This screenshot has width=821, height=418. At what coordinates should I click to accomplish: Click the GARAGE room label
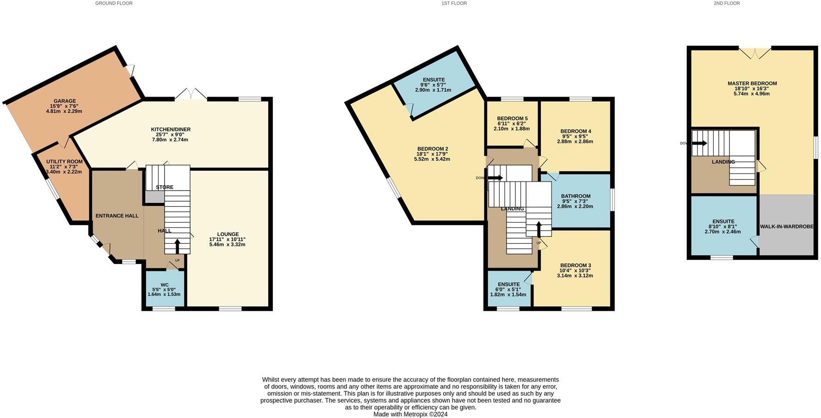[64, 101]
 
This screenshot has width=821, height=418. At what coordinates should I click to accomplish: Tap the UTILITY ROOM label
[64, 162]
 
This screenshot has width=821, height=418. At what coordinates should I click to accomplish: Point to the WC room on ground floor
[164, 289]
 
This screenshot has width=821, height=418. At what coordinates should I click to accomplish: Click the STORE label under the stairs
[165, 187]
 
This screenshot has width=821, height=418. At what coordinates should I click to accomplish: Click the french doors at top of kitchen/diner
[191, 94]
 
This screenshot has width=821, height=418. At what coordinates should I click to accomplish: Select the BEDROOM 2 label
[432, 149]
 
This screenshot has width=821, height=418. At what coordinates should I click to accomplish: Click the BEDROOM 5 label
[512, 119]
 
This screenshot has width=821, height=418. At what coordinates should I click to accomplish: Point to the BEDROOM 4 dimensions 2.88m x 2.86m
[576, 141]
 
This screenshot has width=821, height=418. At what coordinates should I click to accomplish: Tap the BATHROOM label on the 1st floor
[576, 196]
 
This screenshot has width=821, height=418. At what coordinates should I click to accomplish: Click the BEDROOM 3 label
[575, 265]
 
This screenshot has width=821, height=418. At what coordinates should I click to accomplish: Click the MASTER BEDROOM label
[752, 84]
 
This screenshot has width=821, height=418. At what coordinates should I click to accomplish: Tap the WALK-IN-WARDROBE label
[786, 227]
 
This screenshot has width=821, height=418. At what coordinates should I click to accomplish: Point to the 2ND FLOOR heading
[727, 3]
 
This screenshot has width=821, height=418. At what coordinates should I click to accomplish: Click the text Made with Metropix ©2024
[410, 414]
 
